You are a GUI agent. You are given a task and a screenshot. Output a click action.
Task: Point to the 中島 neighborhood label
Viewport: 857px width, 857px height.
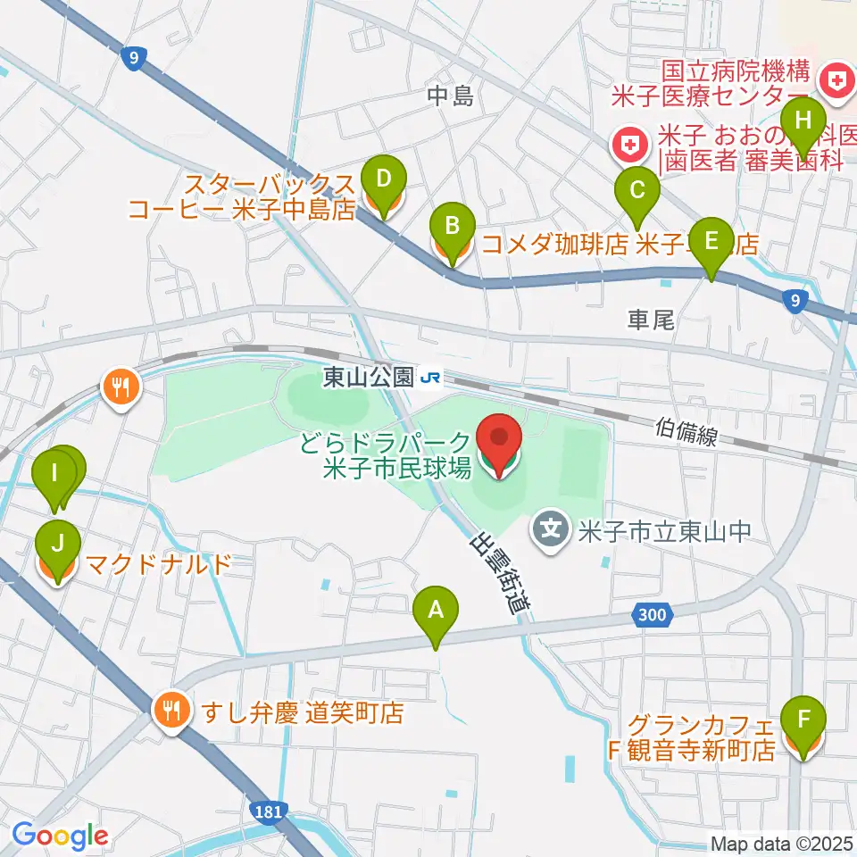click(x=449, y=96)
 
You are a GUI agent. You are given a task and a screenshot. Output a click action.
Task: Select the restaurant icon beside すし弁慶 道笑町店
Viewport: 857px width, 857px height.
click(x=170, y=711)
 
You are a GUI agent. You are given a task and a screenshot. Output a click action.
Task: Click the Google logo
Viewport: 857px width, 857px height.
click(x=60, y=836)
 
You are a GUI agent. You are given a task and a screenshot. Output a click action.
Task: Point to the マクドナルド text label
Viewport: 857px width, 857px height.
click(x=157, y=564)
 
